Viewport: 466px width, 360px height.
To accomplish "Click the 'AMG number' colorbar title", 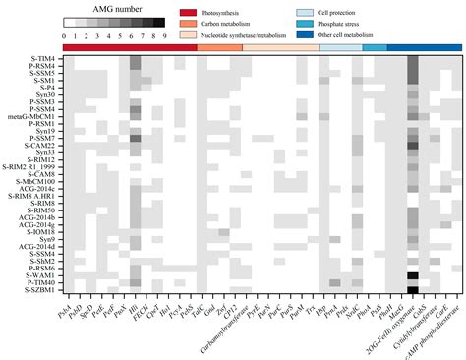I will [101, 8].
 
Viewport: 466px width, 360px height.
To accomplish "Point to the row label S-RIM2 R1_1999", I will [29, 167].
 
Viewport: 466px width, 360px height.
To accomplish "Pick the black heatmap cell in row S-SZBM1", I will [412, 290].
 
